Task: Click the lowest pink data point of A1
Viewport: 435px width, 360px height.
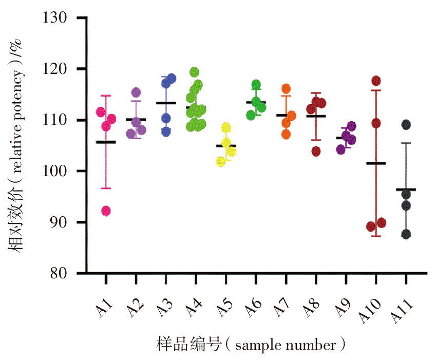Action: (x=106, y=211)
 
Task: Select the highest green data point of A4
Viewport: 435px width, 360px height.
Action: (x=194, y=72)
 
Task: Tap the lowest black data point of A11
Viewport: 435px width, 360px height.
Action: (x=406, y=234)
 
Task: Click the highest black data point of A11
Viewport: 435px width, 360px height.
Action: (x=406, y=124)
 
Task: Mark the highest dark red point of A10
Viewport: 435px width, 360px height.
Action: (x=376, y=81)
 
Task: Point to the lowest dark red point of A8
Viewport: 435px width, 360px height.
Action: (x=316, y=151)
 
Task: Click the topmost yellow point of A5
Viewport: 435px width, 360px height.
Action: (x=226, y=127)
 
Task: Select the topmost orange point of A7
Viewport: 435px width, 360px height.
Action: (x=286, y=89)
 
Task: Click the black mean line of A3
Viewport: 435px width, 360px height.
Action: (x=166, y=103)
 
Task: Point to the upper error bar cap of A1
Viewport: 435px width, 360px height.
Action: (x=106, y=96)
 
